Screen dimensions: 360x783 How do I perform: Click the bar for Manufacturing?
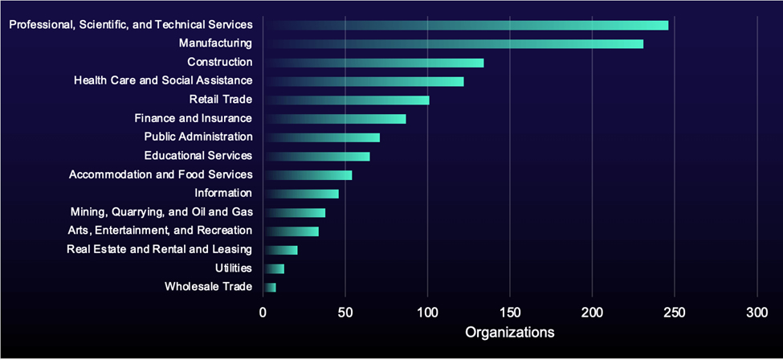click(x=453, y=43)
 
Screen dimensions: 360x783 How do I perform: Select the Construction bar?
click(x=373, y=63)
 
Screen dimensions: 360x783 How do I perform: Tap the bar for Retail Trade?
click(x=346, y=100)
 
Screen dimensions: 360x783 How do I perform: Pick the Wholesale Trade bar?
click(x=270, y=287)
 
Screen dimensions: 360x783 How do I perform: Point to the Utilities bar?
click(x=274, y=268)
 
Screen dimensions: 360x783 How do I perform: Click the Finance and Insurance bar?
click(x=335, y=119)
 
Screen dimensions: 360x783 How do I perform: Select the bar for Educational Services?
click(x=316, y=156)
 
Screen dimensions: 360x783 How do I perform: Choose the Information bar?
click(x=301, y=194)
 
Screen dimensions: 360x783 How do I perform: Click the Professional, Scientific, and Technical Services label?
click(x=131, y=25)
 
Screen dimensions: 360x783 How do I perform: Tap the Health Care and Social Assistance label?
click(x=163, y=80)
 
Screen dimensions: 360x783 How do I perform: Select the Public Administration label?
click(x=198, y=137)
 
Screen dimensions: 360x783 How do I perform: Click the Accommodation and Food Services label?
click(x=161, y=174)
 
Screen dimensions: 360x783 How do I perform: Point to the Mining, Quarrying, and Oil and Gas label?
click(x=161, y=212)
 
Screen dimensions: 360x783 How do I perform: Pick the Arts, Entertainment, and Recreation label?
click(x=160, y=231)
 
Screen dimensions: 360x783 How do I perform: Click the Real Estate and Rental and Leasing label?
click(x=159, y=249)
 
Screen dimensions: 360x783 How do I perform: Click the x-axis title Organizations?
click(x=510, y=332)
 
